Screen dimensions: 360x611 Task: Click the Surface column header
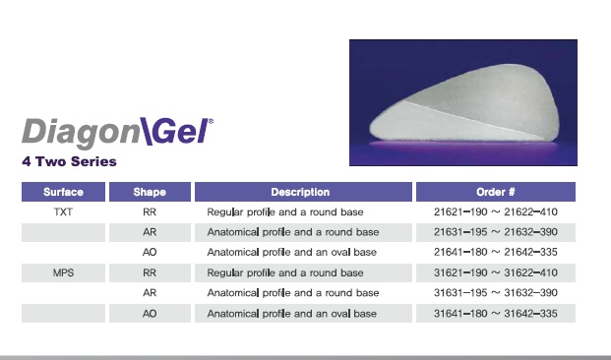point(63,192)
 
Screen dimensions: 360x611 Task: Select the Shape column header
point(150,192)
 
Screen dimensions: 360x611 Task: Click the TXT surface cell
point(63,211)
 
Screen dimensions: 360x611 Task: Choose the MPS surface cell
point(63,272)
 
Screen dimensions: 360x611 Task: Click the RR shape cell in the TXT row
point(150,211)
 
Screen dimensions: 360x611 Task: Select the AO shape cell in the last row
point(150,314)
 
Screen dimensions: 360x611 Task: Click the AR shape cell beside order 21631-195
point(150,232)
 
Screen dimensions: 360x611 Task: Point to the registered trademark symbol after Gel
point(212,122)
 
